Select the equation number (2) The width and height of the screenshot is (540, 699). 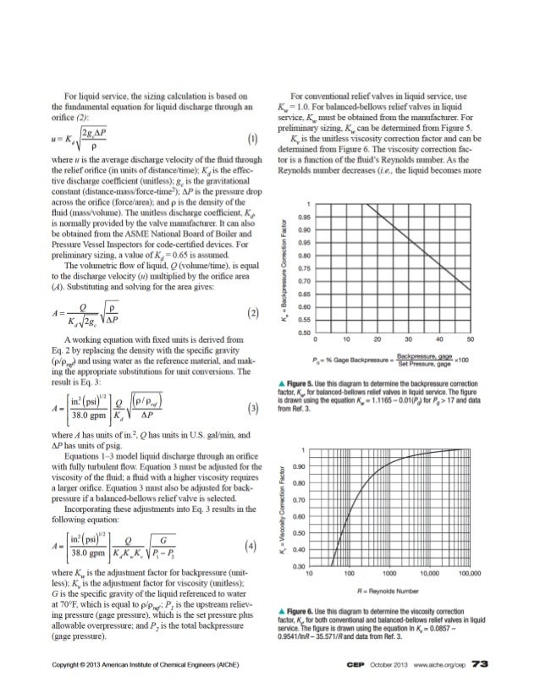tap(253, 311)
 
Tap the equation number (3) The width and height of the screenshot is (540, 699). tap(253, 434)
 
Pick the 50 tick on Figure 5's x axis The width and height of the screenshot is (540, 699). tap(471, 340)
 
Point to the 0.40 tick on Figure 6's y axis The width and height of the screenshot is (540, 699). tap(299, 550)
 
